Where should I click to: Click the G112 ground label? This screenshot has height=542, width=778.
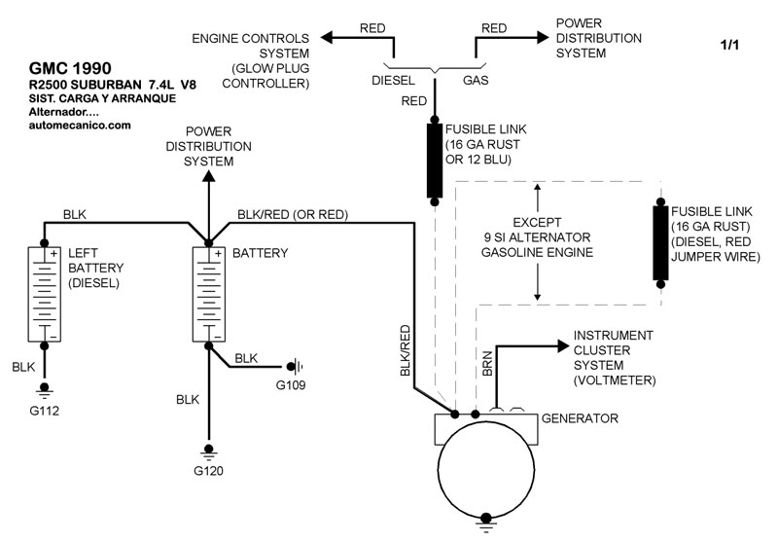[x=45, y=410]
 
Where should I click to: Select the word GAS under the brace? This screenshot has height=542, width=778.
[x=477, y=82]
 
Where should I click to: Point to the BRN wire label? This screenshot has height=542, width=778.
[x=487, y=363]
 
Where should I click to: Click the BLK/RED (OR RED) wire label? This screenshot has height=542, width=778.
[x=293, y=214]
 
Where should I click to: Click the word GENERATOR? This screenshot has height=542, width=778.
[x=581, y=418]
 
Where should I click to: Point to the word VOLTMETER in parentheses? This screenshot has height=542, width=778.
[x=616, y=379]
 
